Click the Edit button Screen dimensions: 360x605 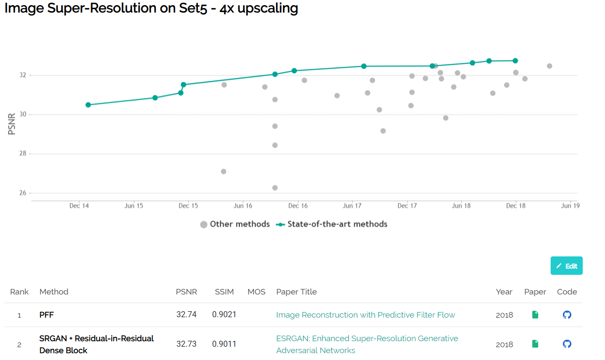566,266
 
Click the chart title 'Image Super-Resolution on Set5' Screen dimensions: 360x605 151,9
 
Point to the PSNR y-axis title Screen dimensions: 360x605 12,124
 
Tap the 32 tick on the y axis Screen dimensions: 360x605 23,75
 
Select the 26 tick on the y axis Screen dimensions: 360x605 23,193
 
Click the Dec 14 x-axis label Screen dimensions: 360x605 79,206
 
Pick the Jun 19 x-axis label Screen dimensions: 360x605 570,206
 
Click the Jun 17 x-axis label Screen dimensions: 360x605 352,206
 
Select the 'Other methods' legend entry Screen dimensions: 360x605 235,224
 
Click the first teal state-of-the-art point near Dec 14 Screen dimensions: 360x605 88,105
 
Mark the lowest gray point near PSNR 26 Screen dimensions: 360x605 275,188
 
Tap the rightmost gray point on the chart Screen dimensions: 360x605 549,66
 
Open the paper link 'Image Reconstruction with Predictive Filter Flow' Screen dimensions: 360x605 365,315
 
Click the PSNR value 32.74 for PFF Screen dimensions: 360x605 186,315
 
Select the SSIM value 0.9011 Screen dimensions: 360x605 224,344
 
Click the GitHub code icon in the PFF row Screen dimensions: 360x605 567,315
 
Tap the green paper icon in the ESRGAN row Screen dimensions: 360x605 535,344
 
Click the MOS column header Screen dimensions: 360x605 256,292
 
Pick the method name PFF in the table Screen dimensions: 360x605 47,315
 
